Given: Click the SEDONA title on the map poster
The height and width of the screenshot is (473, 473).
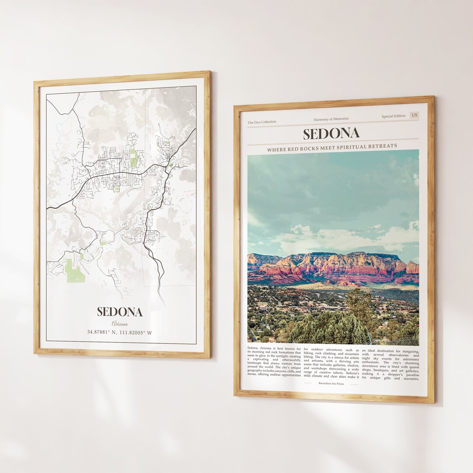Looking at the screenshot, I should [x=120, y=312].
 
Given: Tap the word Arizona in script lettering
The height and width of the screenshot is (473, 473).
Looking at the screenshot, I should [x=120, y=324].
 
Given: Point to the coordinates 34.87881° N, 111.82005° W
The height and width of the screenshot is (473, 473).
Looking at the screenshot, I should [x=120, y=332].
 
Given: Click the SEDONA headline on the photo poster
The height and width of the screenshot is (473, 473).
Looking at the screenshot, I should [x=331, y=134].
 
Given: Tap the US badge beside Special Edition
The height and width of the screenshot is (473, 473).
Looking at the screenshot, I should [x=414, y=115].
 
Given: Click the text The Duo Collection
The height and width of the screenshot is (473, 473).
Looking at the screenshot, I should [x=262, y=122].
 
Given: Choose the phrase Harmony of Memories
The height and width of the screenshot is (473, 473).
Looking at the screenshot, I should [x=331, y=119].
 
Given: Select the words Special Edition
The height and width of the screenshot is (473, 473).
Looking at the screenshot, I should [x=393, y=116].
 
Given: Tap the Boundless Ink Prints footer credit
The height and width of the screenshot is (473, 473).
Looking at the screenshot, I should [x=331, y=384].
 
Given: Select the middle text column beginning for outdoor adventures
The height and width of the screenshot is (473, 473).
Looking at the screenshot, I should [x=331, y=362].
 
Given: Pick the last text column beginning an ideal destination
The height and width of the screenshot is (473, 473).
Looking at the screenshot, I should [x=390, y=364].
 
